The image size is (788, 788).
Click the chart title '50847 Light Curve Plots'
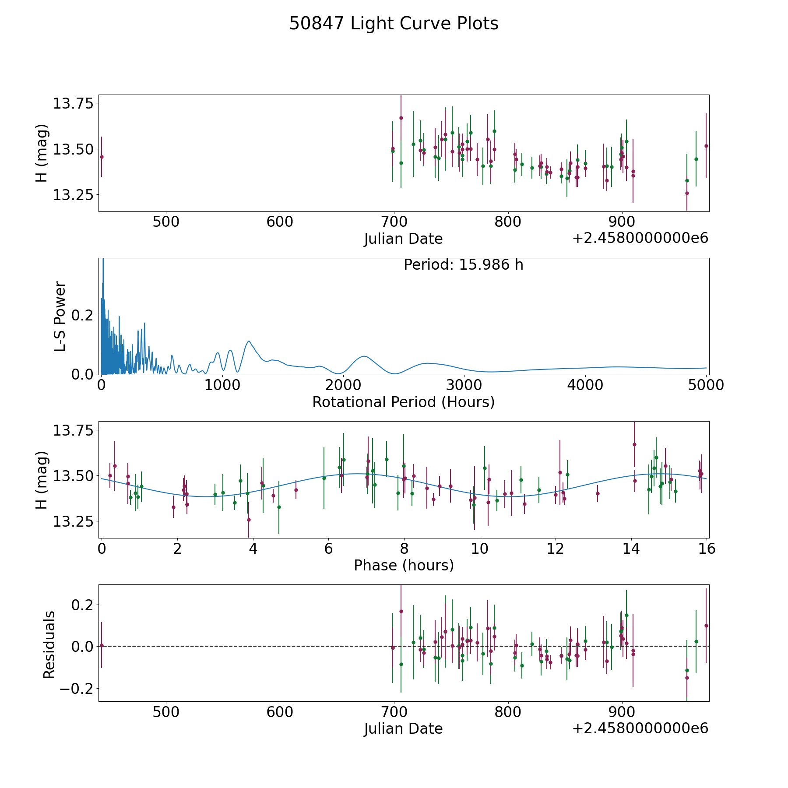[x=394, y=24]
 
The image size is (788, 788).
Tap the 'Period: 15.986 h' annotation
[x=463, y=265]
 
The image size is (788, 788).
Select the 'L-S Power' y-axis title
[x=60, y=316]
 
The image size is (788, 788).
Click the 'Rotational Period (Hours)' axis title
[x=403, y=402]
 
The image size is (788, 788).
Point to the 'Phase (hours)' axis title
[x=404, y=565]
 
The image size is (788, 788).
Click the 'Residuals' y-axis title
[x=49, y=644]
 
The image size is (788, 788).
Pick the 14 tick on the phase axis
[x=631, y=549]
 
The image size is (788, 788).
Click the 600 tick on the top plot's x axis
[x=280, y=222]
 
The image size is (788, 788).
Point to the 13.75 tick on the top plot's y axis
[x=73, y=104]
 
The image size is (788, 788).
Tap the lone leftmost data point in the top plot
[x=102, y=157]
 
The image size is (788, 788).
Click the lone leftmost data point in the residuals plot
[x=102, y=645]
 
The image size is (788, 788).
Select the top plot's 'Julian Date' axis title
[x=403, y=239]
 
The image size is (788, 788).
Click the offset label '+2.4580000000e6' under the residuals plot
[x=640, y=728]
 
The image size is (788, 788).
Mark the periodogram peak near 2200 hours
[x=364, y=356]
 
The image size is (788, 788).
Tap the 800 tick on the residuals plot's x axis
[x=508, y=712]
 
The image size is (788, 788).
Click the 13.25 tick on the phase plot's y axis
[x=73, y=521]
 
